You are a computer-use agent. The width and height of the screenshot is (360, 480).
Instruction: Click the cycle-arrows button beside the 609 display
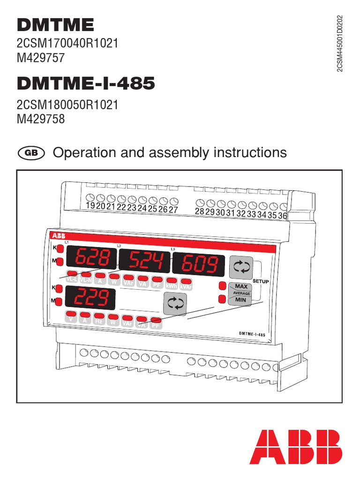click(x=241, y=267)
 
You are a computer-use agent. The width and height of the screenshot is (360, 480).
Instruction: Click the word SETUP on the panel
click(x=261, y=281)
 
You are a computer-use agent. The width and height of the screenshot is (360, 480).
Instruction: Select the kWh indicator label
click(x=172, y=285)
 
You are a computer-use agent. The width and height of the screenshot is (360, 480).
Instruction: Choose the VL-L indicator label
click(x=73, y=279)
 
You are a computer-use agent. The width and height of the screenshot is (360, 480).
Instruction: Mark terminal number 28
click(x=200, y=211)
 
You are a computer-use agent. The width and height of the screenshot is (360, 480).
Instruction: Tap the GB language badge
click(x=30, y=153)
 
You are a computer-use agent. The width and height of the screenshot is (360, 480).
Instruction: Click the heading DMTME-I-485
click(x=86, y=84)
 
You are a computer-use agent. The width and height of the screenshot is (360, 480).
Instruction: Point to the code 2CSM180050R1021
click(x=67, y=105)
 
